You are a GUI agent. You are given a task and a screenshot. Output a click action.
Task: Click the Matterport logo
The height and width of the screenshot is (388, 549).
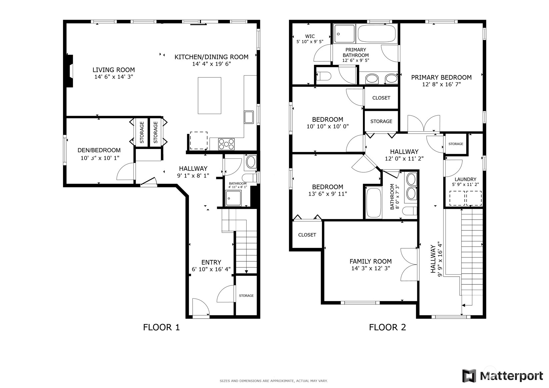click(502, 376)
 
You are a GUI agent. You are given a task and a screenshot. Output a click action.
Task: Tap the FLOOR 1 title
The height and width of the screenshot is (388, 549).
click(161, 327)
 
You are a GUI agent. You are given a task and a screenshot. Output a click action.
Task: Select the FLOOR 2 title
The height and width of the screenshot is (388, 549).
click(387, 327)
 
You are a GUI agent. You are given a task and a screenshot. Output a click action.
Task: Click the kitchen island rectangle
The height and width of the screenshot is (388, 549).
click(210, 96)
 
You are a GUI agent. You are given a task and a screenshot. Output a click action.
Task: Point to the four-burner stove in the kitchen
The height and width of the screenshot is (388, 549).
click(226, 144)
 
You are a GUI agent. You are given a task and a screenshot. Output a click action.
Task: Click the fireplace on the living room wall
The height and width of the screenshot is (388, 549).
click(70, 71)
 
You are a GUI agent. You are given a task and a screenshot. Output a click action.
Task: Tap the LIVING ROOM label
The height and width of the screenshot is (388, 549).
click(114, 70)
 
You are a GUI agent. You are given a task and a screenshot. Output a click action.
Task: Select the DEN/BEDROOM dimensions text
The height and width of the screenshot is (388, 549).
click(100, 158)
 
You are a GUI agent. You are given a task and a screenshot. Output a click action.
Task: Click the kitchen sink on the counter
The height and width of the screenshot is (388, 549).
click(249, 117)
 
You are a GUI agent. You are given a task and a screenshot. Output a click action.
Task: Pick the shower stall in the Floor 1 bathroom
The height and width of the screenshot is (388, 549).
click(234, 198)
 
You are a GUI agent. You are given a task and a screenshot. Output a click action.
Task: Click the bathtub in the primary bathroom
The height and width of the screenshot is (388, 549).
click(377, 34)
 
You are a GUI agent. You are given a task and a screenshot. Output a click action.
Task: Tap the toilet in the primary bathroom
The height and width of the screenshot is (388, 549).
click(323, 77)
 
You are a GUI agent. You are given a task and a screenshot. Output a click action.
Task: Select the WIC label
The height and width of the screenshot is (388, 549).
click(310, 36)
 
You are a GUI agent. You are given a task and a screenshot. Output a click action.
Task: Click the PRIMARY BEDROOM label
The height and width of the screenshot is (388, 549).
click(441, 77)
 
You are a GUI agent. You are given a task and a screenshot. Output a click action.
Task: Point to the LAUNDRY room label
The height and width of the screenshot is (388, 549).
click(465, 179)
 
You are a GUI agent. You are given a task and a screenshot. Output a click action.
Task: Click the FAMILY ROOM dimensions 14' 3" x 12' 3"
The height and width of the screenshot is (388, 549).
click(371, 268)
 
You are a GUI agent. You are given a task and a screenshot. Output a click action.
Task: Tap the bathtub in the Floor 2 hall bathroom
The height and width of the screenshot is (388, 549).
click(374, 203)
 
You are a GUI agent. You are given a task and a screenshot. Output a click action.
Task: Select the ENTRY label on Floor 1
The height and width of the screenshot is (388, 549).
click(211, 262)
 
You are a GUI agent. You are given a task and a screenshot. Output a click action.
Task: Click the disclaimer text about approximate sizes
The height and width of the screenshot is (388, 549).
click(274, 381)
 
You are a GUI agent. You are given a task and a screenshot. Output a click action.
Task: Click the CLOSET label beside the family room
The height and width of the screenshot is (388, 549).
click(307, 235)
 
